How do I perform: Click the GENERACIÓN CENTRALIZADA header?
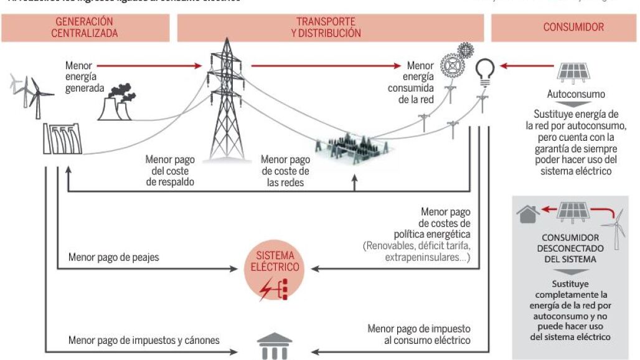pyautogui.click(x=85, y=28)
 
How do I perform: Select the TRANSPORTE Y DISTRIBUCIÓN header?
pyautogui.click(x=330, y=28)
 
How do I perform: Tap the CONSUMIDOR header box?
pyautogui.click(x=565, y=28)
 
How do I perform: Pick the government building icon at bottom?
pyautogui.click(x=275, y=346)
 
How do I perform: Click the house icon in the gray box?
pyautogui.click(x=528, y=214)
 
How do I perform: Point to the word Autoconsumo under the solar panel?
pyautogui.click(x=576, y=95)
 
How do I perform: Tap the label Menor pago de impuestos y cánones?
pyautogui.click(x=144, y=341)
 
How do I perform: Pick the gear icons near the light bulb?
pyautogui.click(x=456, y=60)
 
